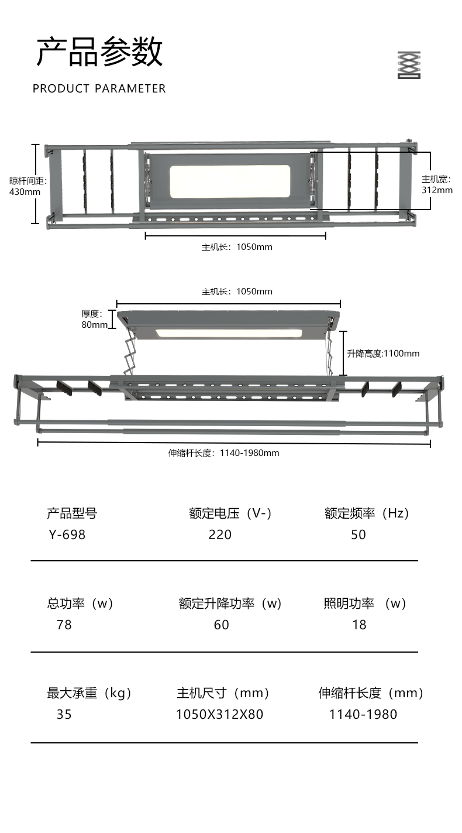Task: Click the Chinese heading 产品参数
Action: (99, 52)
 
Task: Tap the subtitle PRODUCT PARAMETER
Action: (99, 88)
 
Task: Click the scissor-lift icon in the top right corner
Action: (409, 65)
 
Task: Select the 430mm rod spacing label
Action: (25, 186)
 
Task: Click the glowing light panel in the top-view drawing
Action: (230, 181)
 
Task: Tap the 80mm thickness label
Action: (94, 319)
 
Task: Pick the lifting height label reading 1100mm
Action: (383, 354)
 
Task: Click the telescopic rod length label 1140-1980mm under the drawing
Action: (223, 453)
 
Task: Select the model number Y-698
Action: (67, 534)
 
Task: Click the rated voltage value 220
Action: (220, 534)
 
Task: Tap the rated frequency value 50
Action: (358, 534)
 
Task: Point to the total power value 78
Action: (64, 625)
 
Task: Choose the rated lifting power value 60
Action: (221, 625)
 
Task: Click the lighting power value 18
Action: (359, 625)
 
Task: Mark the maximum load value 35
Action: (64, 714)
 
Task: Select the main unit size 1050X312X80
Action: (219, 714)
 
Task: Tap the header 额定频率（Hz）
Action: (368, 513)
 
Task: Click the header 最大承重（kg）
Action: (90, 693)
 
